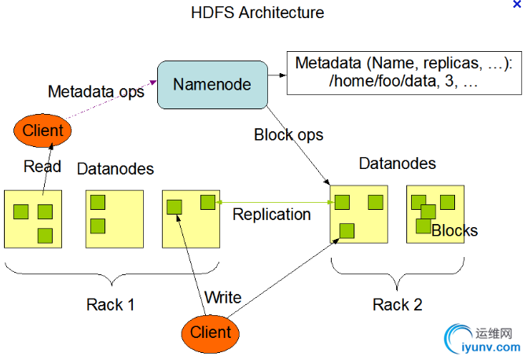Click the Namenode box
pyautogui.click(x=212, y=83)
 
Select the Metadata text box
pyautogui.click(x=403, y=72)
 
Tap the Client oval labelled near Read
pyautogui.click(x=42, y=130)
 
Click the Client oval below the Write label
pyautogui.click(x=211, y=332)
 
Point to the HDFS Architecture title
pyautogui.click(x=257, y=13)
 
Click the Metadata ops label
pyautogui.click(x=96, y=91)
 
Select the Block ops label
pyautogui.click(x=288, y=134)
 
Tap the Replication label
pyautogui.click(x=271, y=214)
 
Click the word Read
pyautogui.click(x=42, y=166)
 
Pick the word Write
pyautogui.click(x=222, y=298)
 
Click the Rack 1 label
pyautogui.click(x=111, y=304)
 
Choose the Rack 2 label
pyautogui.click(x=397, y=304)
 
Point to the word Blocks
pyautogui.click(x=454, y=230)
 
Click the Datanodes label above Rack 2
pyautogui.click(x=398, y=163)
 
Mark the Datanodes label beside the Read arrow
pyautogui.click(x=116, y=169)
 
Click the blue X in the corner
pyautogui.click(x=516, y=5)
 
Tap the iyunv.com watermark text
pyautogui.click(x=492, y=347)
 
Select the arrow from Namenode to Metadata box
pyautogui.click(x=276, y=76)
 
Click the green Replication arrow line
pyautogui.click(x=275, y=203)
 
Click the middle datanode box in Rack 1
pyautogui.click(x=114, y=217)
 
